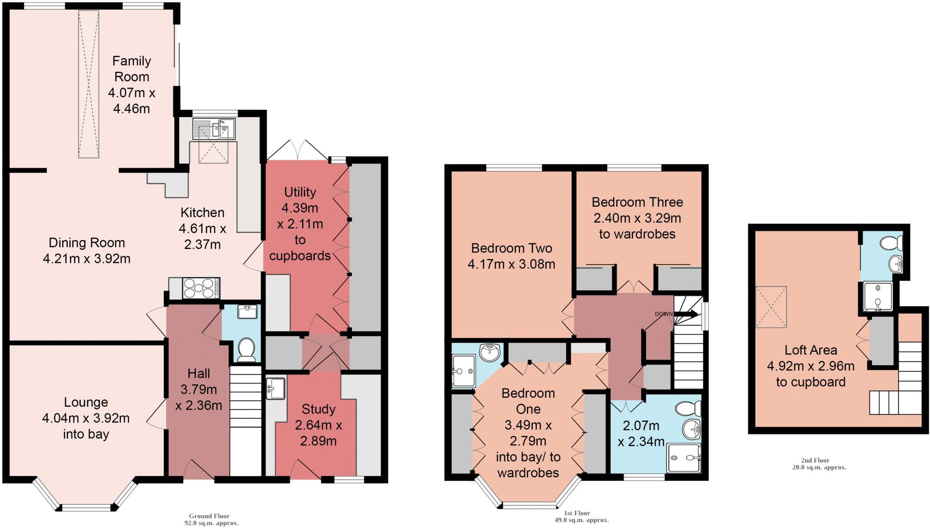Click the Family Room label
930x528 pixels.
click(x=132, y=69)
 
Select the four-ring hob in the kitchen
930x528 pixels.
click(x=200, y=288)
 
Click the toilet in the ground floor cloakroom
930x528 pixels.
click(x=247, y=349)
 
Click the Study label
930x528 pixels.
click(x=318, y=409)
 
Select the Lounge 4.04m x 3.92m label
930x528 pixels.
click(x=86, y=418)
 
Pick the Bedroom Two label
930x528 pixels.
click(x=512, y=248)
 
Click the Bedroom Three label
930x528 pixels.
click(x=637, y=202)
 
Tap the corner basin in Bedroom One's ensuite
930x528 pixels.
click(x=490, y=352)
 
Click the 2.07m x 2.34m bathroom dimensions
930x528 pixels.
click(x=641, y=433)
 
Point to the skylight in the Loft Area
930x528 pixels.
click(x=771, y=307)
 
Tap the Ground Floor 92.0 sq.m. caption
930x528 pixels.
click(x=209, y=519)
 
